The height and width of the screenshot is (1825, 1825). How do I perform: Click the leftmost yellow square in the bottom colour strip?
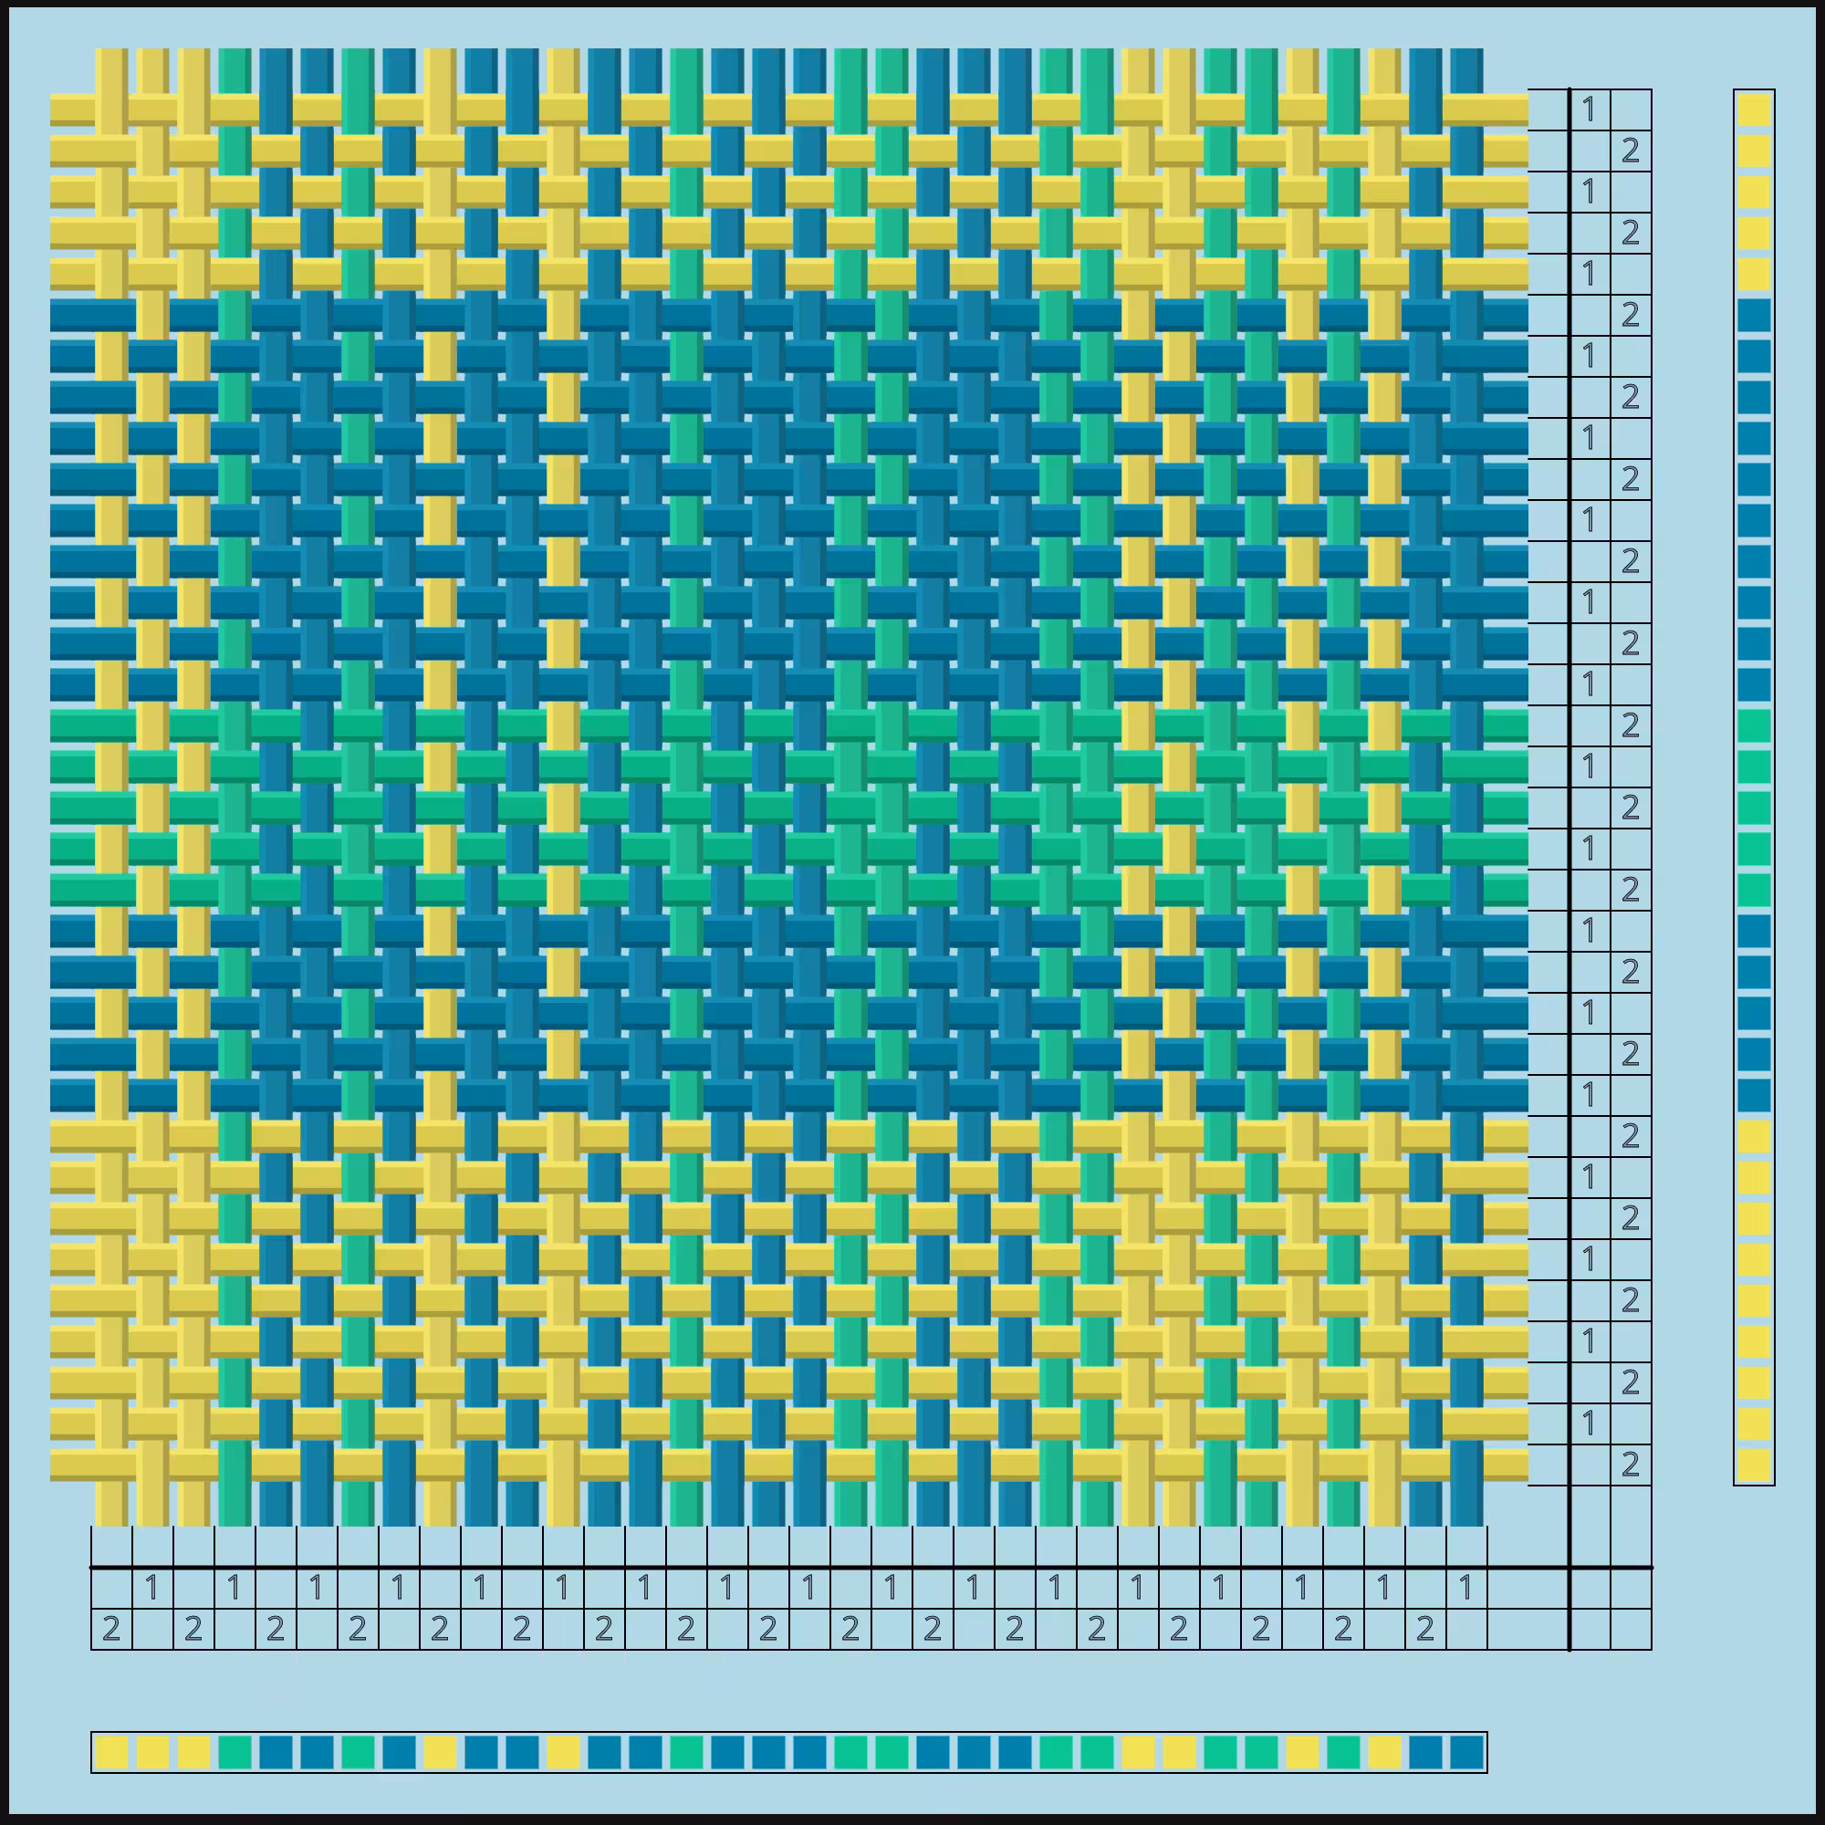(x=111, y=1753)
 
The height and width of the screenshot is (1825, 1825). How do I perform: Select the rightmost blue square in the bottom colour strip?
(x=1467, y=1753)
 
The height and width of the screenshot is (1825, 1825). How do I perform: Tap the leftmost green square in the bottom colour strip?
(x=235, y=1753)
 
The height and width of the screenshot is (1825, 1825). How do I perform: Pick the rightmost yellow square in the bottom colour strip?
(x=1385, y=1753)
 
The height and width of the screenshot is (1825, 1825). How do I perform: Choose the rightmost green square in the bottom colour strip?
(x=1343, y=1753)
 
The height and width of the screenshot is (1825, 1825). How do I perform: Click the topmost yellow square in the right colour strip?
(x=1754, y=109)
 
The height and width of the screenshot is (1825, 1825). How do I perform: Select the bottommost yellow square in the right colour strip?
(x=1754, y=1465)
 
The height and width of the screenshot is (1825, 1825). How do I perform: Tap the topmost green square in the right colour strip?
(x=1754, y=725)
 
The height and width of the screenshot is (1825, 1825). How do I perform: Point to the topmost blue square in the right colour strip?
(x=1754, y=315)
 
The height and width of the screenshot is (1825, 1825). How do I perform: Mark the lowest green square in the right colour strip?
(x=1754, y=890)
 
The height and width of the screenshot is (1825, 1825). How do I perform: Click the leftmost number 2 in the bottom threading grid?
(x=111, y=1629)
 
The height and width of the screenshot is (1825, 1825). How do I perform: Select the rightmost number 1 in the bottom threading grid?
(x=1467, y=1588)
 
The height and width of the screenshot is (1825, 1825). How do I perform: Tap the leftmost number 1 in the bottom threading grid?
(x=152, y=1588)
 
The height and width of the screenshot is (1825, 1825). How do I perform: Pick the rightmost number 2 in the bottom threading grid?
(x=1425, y=1629)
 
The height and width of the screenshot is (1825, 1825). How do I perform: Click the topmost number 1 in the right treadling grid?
(x=1590, y=109)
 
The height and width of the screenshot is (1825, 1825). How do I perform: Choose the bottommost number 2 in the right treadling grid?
(x=1631, y=1465)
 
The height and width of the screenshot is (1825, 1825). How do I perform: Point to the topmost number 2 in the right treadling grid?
(x=1631, y=151)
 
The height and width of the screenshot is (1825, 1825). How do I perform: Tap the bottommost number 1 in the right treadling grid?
(x=1590, y=1423)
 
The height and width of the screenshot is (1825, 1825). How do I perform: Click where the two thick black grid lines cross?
(x=1569, y=1568)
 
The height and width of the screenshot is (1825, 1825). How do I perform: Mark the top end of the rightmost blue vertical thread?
(x=1467, y=50)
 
